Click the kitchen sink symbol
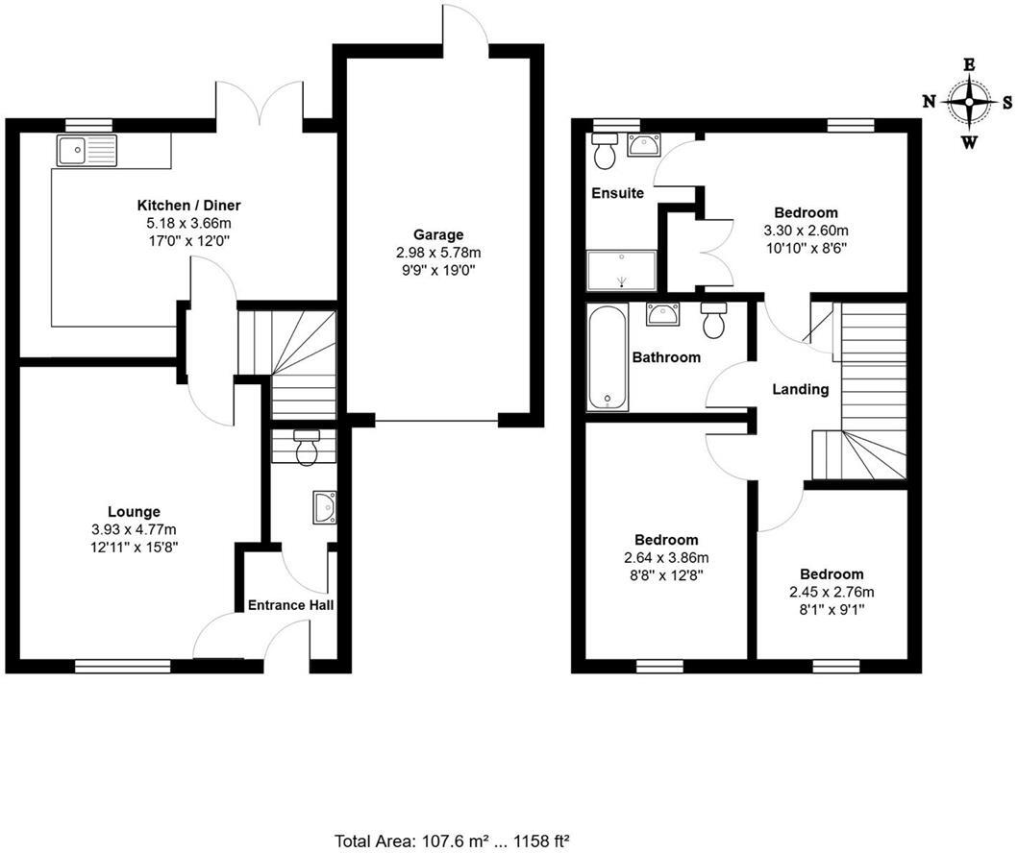tap(87, 150)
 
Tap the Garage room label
tap(438, 234)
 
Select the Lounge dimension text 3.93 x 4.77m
tap(134, 529)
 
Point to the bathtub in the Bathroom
tap(608, 357)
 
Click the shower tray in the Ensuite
tap(621, 269)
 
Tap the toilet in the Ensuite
tap(605, 149)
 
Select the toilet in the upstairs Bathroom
tap(713, 320)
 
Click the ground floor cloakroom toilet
tap(307, 449)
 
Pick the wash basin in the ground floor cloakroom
tap(325, 507)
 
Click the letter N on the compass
tap(929, 101)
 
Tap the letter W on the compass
tap(970, 143)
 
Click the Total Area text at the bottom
tap(455, 841)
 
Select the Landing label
tap(801, 389)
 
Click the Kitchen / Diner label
tap(188, 206)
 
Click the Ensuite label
tap(617, 193)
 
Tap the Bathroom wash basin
tap(663, 312)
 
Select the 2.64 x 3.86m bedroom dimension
tap(666, 558)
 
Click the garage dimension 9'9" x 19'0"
tap(438, 270)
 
